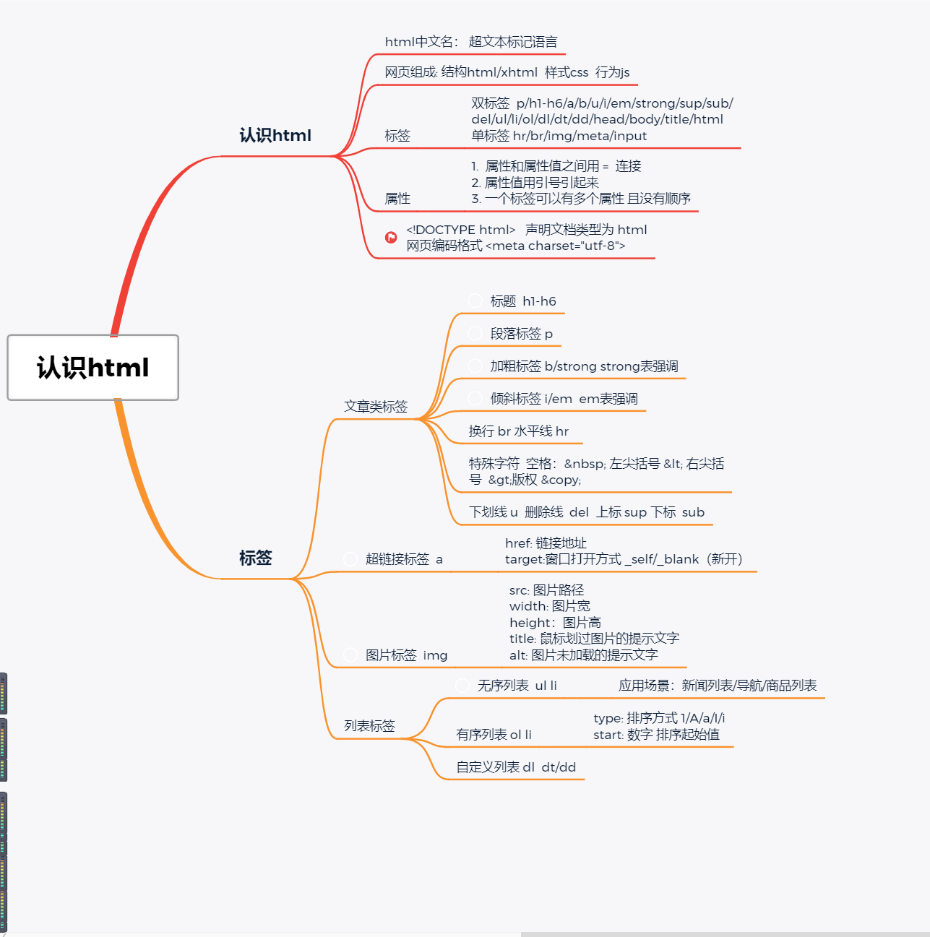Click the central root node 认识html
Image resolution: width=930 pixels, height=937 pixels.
(92, 368)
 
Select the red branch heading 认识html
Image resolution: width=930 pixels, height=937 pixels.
(275, 135)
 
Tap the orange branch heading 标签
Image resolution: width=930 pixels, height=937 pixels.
(255, 558)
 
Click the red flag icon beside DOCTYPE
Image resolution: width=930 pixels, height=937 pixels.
(391, 237)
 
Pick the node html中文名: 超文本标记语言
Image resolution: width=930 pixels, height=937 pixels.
(470, 42)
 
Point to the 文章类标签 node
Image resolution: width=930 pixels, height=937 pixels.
(376, 407)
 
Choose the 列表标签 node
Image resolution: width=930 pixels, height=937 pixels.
(369, 726)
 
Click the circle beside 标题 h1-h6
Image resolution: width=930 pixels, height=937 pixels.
(475, 301)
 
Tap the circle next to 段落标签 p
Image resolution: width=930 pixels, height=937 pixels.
(475, 333)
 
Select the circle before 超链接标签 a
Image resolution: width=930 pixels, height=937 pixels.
(350, 558)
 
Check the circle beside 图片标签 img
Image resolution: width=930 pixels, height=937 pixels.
(350, 655)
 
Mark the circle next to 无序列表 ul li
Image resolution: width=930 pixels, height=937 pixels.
(462, 685)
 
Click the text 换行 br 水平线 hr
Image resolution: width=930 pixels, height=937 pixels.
(518, 431)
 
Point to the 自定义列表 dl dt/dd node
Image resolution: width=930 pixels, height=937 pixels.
(516, 767)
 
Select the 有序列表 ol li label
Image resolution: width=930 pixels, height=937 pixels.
(494, 735)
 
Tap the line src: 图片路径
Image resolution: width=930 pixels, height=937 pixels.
(546, 590)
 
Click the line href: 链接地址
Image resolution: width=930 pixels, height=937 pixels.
(546, 543)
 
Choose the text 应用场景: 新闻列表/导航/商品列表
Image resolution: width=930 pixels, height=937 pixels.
(718, 686)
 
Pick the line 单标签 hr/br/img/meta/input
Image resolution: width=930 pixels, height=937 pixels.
(559, 136)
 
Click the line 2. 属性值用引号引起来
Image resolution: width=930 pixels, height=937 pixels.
(535, 183)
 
